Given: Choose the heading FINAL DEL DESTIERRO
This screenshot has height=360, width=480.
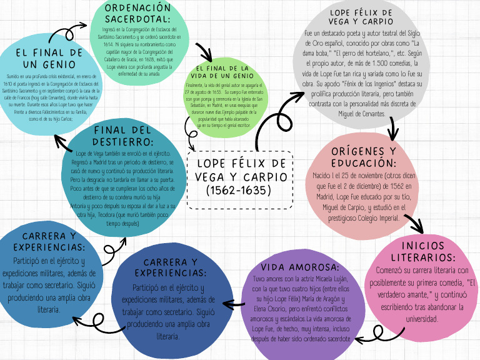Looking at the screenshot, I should click(x=122, y=136).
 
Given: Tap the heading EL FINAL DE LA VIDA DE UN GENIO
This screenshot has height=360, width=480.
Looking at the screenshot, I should click(x=222, y=71).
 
